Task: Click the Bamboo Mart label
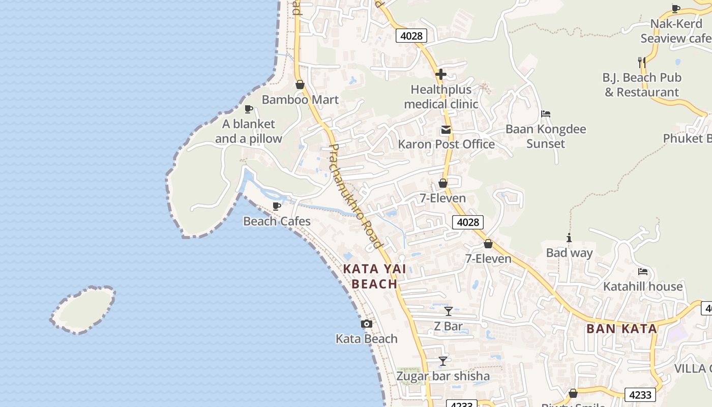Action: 300,100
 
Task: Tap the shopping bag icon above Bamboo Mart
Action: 300,84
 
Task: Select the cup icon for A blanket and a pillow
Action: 249,109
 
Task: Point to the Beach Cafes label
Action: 277,221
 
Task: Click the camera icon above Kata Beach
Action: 366,324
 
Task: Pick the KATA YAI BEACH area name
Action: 374,276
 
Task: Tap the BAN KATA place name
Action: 621,329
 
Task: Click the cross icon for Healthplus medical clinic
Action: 441,75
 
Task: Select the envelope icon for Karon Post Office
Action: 446,130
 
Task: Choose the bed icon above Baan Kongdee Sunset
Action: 546,114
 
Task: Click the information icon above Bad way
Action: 569,238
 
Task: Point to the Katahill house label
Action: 643,286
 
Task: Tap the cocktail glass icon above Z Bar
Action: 448,311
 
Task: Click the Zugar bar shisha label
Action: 443,376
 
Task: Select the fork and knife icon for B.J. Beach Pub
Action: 642,63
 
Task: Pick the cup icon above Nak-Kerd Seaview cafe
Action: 676,9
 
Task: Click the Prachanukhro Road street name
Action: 355,196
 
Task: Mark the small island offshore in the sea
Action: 83,310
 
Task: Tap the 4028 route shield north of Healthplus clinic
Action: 411,36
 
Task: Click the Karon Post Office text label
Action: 446,144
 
